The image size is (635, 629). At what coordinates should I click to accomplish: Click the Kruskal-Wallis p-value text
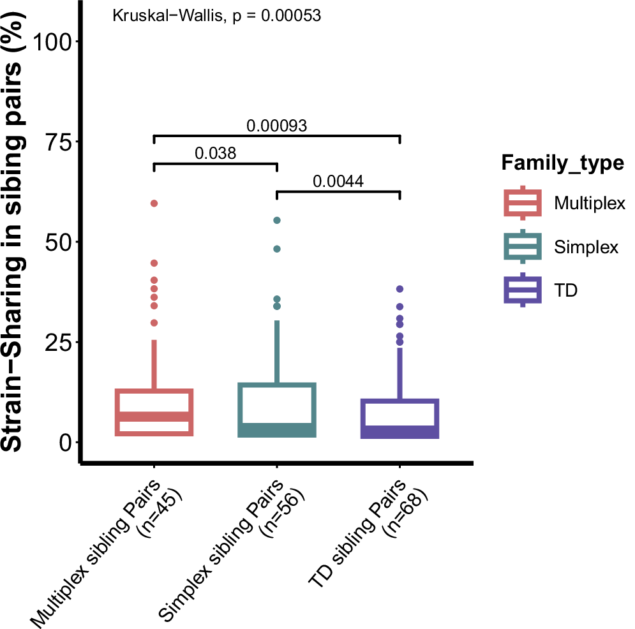click(x=216, y=16)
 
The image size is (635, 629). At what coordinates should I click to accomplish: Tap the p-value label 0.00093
click(x=277, y=126)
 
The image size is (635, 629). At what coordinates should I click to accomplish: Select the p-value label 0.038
click(x=215, y=153)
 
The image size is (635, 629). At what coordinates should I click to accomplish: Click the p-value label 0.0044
click(x=338, y=181)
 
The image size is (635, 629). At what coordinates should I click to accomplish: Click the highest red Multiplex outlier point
click(x=154, y=204)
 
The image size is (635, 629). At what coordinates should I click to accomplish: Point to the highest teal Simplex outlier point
click(x=277, y=221)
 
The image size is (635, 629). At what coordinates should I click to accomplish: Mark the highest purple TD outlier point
click(x=400, y=289)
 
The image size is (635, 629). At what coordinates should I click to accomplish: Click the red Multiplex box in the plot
click(x=154, y=412)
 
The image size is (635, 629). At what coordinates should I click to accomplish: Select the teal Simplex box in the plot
click(x=277, y=410)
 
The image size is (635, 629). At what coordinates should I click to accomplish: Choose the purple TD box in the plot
click(x=400, y=418)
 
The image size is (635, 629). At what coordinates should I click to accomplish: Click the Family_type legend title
click(x=562, y=163)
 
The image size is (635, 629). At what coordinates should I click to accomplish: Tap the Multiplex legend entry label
click(x=589, y=204)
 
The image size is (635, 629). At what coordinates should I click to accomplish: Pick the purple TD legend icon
click(x=523, y=290)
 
